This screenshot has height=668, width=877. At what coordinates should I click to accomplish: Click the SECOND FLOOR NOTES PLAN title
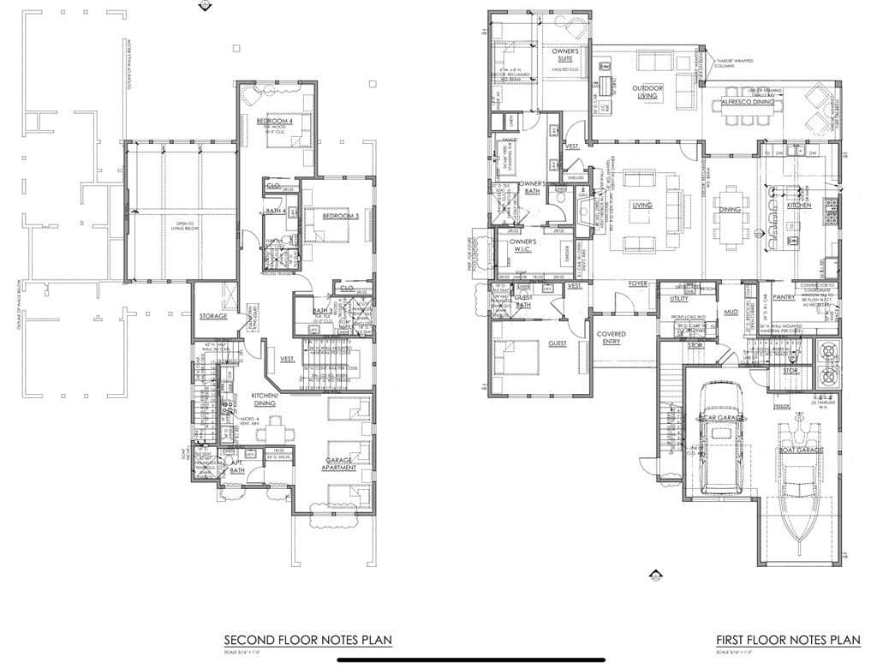coord(308,640)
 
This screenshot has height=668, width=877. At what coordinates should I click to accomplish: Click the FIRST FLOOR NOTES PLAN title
coord(788,640)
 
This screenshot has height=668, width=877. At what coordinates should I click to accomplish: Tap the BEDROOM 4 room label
coord(275,122)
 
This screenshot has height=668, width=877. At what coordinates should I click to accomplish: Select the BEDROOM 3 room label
coord(340,216)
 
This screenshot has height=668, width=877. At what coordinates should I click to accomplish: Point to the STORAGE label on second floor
coord(213,316)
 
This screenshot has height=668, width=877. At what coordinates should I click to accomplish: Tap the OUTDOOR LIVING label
coord(648,92)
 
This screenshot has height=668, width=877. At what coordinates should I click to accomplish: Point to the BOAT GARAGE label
coord(800,449)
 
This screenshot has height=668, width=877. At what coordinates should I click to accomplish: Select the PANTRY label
coord(785,297)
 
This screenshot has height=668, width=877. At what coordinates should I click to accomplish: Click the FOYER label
coord(638,283)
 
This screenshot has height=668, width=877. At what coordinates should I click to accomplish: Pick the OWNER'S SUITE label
coord(566,56)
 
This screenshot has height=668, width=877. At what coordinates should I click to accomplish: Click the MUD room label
coord(731,313)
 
